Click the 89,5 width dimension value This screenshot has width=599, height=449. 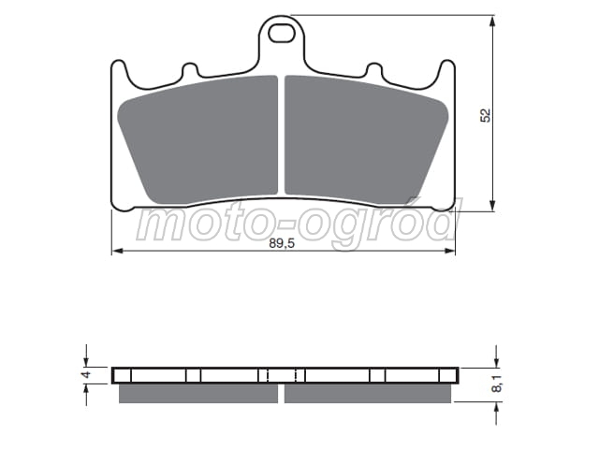coord(282,243)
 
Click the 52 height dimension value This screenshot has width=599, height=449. coord(485,115)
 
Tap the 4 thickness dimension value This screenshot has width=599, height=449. coord(87,374)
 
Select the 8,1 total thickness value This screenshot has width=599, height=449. coord(497,383)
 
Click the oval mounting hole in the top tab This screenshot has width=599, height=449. coord(282,34)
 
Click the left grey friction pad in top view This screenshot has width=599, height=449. coord(197,139)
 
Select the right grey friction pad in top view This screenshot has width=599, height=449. coord(367,139)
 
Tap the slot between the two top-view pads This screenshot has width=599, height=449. coord(282,136)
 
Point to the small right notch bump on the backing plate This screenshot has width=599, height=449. coord(374,69)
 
